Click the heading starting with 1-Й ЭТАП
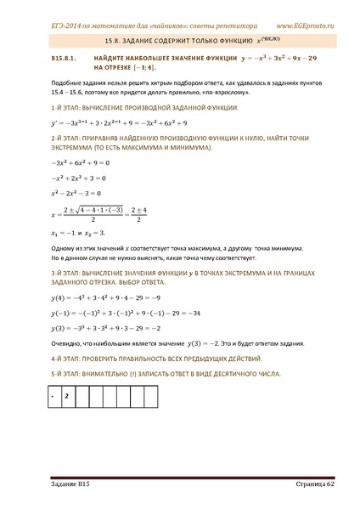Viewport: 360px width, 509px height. click(x=127, y=111)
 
